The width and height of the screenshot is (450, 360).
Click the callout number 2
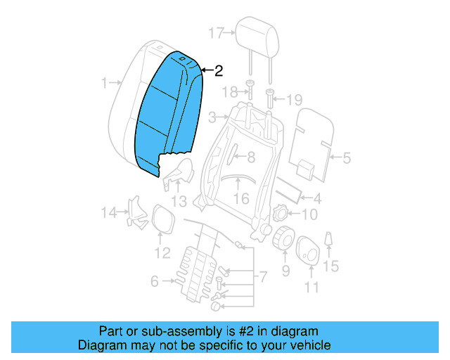click(x=219, y=71)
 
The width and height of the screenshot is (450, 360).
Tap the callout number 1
click(x=104, y=84)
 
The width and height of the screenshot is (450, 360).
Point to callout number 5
click(x=345, y=159)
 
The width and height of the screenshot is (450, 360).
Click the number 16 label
click(x=241, y=199)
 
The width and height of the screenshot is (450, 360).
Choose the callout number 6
click(x=154, y=282)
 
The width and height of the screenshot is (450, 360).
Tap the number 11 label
click(x=311, y=286)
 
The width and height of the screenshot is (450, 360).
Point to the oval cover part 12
click(x=163, y=219)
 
